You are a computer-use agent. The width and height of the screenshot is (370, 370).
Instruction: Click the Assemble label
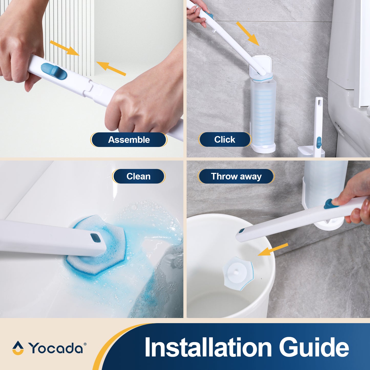129,140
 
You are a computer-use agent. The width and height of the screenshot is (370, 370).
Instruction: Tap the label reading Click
225,140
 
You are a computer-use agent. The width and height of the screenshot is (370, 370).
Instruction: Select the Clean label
139,176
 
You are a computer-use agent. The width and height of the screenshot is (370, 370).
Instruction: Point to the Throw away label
236,176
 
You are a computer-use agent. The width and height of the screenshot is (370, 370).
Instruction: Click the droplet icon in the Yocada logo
18,348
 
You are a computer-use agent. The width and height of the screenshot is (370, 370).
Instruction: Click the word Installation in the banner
208,347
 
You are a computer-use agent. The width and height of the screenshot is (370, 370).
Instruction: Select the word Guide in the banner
314,347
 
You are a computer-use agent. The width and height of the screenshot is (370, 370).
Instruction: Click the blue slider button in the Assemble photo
54,71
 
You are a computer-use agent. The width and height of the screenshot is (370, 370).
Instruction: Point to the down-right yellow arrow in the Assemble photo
65,48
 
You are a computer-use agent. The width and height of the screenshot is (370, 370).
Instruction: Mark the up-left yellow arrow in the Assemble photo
111,68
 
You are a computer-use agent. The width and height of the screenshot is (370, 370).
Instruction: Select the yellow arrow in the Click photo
247,34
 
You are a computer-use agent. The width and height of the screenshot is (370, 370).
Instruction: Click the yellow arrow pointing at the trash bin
273,250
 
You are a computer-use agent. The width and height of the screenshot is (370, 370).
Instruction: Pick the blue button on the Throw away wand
331,204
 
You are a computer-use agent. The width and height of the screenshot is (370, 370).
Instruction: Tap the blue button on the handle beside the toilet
319,142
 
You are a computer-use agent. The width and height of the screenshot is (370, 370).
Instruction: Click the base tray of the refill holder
263,148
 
